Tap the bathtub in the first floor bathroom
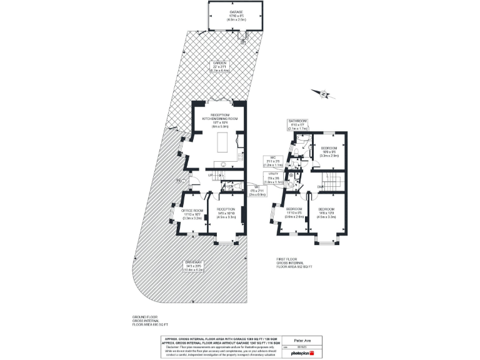coord(304,142)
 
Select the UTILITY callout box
coord(273,179)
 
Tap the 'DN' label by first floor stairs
coord(319,186)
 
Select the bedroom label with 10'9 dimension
coord(330,151)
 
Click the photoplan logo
coord(302,353)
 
